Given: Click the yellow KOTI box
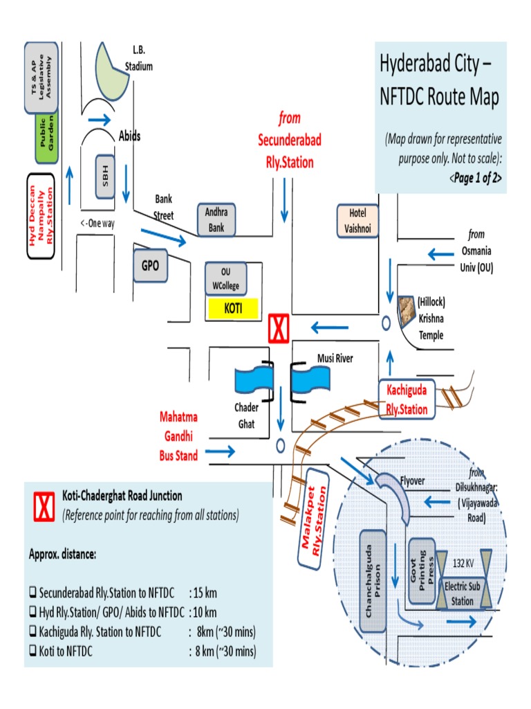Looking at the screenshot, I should (x=232, y=308).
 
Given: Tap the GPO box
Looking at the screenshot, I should (x=151, y=264).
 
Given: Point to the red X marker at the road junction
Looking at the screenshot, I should (x=279, y=327).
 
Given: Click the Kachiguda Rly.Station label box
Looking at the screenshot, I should (x=407, y=399).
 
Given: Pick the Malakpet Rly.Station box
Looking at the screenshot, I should (x=317, y=519).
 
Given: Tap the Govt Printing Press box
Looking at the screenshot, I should (x=420, y=572).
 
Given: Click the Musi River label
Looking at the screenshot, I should (x=335, y=358).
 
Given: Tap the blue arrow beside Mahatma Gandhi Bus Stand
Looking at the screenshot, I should (x=221, y=452).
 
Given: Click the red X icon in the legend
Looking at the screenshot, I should (x=44, y=507).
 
